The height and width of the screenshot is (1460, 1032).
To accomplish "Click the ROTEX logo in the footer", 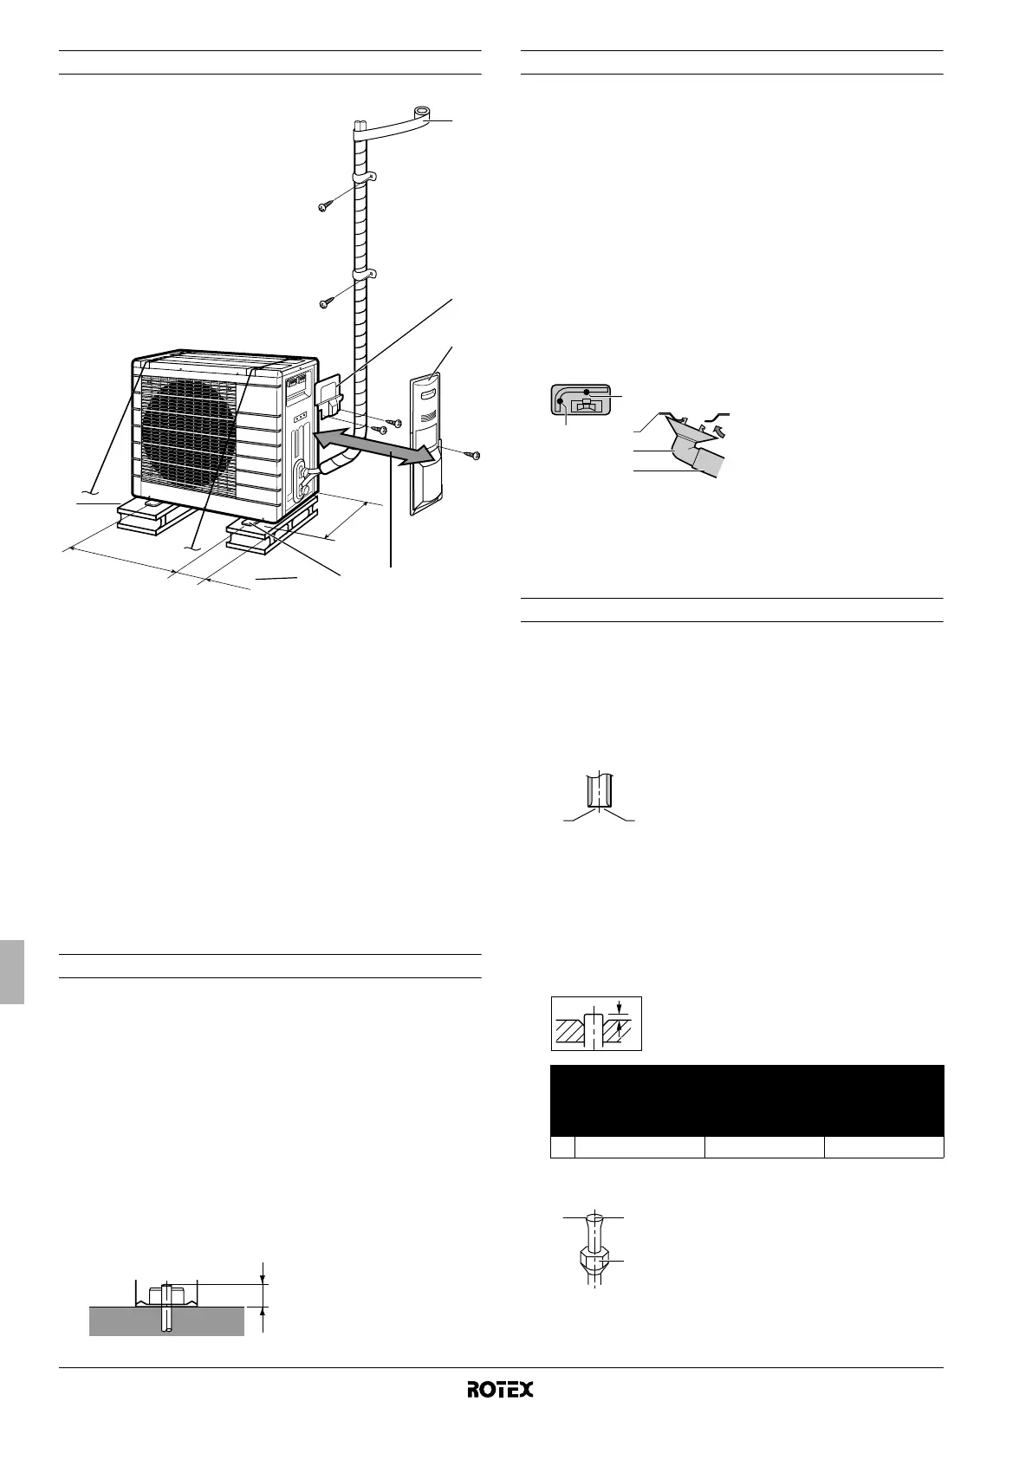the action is pyautogui.click(x=500, y=1389).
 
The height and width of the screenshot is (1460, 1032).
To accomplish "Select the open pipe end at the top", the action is pyautogui.click(x=422, y=113).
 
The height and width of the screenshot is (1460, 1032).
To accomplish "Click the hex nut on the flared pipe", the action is pyautogui.click(x=591, y=1259).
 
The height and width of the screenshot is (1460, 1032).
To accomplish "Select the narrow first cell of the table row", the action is pyautogui.click(x=563, y=1147).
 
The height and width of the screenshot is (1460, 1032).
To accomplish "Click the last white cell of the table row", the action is pyautogui.click(x=883, y=1147).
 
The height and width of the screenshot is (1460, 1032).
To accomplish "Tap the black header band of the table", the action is pyautogui.click(x=747, y=1100).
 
